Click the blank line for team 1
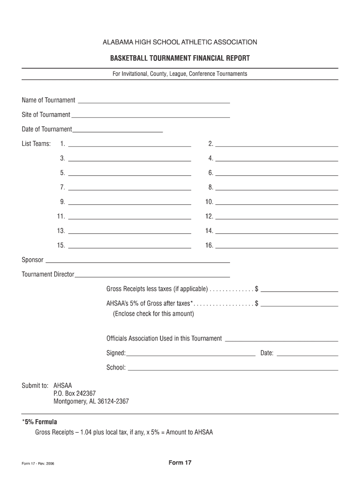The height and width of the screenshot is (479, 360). tap(130, 145)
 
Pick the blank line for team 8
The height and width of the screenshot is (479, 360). tap(276, 189)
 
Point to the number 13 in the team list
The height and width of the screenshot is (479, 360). tap(61, 231)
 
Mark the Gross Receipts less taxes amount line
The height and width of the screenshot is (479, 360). tap(299, 290)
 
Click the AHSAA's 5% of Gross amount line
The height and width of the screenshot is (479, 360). tap(299, 305)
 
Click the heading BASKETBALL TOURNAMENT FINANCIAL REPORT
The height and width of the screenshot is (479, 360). tap(180, 58)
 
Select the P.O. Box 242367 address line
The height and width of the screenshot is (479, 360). tap(75, 393)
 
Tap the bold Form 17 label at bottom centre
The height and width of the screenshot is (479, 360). tap(180, 463)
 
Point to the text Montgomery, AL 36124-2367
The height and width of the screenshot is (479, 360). tap(91, 401)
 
